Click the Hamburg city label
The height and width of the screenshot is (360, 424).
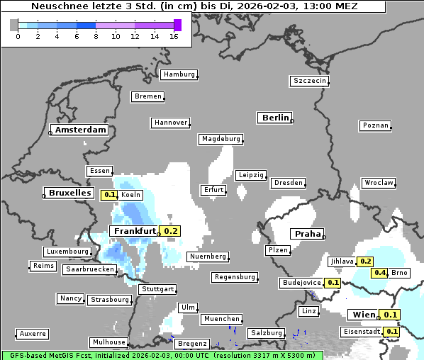click(179, 74)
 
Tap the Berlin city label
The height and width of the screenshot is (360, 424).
click(275, 118)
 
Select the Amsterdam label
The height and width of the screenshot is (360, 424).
click(80, 130)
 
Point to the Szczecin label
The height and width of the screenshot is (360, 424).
click(310, 81)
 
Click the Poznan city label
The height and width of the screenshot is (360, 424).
click(376, 125)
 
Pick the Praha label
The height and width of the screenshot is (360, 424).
click(307, 234)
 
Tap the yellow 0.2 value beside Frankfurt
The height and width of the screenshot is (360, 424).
click(171, 230)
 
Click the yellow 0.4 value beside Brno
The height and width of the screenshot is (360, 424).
click(380, 273)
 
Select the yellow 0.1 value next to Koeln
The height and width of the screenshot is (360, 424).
click(109, 195)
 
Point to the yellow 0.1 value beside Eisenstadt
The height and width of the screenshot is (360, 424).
click(391, 331)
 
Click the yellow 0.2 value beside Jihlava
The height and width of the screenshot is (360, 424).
click(365, 261)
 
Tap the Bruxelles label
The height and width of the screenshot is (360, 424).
click(69, 193)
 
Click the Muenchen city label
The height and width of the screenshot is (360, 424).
click(221, 319)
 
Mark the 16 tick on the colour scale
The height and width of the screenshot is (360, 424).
click(174, 36)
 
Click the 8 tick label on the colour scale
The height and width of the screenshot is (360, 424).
click(96, 36)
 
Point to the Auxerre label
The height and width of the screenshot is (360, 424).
click(33, 333)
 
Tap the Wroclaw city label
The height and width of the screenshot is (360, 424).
click(379, 183)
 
